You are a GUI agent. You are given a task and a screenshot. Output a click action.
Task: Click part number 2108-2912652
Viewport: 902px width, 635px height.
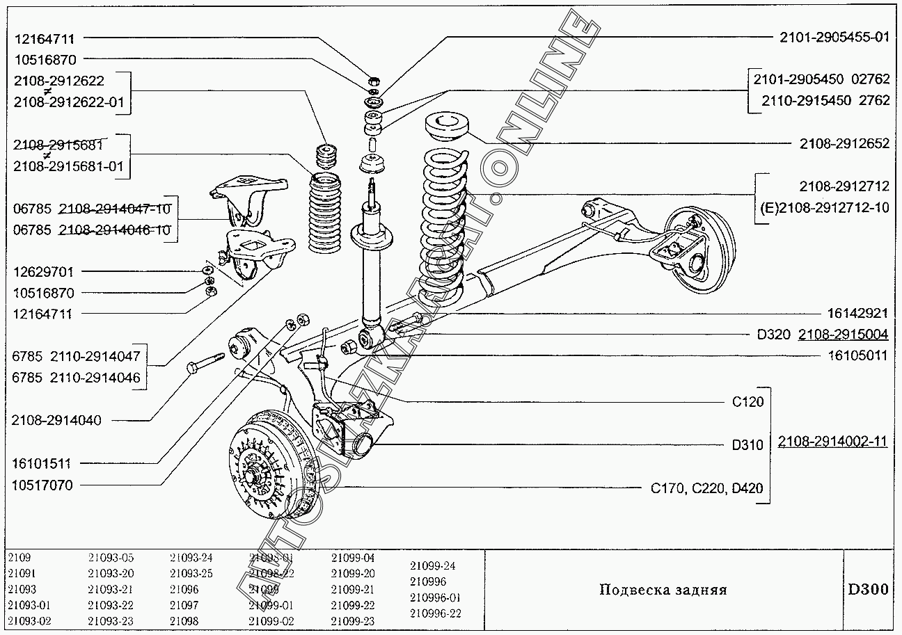click(x=844, y=144)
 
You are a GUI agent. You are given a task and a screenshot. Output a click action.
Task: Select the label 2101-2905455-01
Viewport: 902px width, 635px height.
click(x=834, y=38)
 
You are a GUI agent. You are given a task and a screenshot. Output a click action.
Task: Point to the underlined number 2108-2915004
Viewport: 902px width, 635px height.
click(x=843, y=335)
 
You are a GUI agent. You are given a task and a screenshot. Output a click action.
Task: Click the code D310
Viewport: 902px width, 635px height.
click(x=747, y=445)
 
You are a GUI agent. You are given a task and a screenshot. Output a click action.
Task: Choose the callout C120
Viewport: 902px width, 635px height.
click(x=747, y=401)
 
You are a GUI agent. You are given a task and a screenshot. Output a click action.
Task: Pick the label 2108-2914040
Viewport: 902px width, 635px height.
click(x=56, y=420)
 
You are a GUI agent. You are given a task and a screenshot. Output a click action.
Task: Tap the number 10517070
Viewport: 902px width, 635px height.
click(x=42, y=485)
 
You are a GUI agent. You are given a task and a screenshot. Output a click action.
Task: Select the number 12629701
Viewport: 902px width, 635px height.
click(x=43, y=272)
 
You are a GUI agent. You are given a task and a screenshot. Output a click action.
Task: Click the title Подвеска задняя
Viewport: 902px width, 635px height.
click(x=663, y=590)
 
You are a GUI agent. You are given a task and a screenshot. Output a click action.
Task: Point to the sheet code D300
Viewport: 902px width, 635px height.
click(x=867, y=590)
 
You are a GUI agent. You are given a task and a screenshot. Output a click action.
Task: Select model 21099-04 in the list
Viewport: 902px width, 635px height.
click(x=353, y=558)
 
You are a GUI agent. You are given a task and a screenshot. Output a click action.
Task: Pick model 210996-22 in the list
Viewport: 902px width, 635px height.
click(x=435, y=613)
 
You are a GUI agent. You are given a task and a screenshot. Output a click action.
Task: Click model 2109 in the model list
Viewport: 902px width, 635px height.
click(x=19, y=558)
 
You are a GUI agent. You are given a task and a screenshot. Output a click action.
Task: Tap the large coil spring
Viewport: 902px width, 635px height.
click(x=444, y=223)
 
